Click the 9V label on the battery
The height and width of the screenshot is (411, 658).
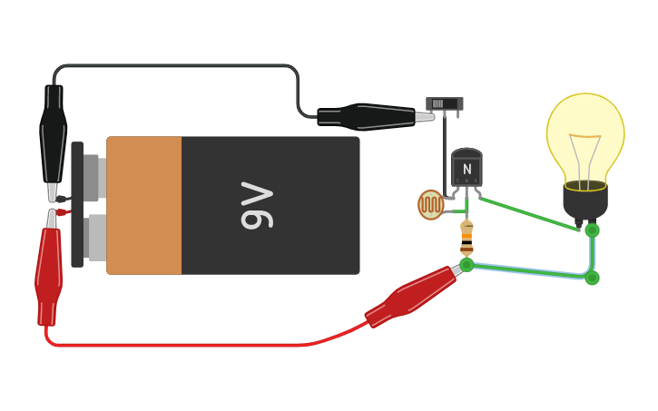pyautogui.click(x=257, y=205)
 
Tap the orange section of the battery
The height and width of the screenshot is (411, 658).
pyautogui.click(x=144, y=205)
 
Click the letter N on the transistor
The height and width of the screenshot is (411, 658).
pyautogui.click(x=466, y=170)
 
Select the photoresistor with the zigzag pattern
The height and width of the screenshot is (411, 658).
pyautogui.click(x=430, y=204)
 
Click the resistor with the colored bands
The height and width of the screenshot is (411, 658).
pyautogui.click(x=466, y=238)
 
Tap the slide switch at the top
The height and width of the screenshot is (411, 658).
pyautogui.click(x=444, y=103)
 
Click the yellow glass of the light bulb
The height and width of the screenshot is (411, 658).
pyautogui.click(x=585, y=132)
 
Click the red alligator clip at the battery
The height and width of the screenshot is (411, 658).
pyautogui.click(x=49, y=272)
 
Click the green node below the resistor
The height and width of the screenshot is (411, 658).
pyautogui.click(x=466, y=265)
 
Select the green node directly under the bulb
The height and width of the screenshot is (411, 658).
pyautogui.click(x=592, y=230)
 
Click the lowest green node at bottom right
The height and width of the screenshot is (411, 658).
pyautogui.click(x=592, y=278)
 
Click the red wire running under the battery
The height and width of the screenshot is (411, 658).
pyautogui.click(x=182, y=345)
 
